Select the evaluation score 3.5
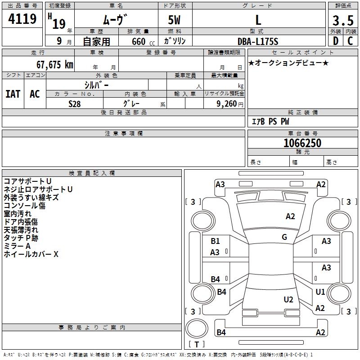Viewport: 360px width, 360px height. point(343,21)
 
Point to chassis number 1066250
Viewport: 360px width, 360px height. point(302,144)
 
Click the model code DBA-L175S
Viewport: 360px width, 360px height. point(258,41)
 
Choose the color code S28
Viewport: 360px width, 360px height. point(75,103)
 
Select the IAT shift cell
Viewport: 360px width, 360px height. point(13,94)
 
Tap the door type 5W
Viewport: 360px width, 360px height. point(175,21)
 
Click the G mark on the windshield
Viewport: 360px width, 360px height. point(284,237)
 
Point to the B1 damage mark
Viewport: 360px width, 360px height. point(216,241)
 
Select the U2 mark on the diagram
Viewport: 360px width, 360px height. point(288,299)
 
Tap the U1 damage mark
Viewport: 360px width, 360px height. point(320,292)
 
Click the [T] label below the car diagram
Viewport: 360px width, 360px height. point(196,344)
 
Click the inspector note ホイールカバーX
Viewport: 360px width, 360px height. point(31,254)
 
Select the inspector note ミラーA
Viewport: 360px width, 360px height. point(17,246)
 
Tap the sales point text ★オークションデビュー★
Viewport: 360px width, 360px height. point(288,63)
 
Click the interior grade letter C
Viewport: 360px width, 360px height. point(350,41)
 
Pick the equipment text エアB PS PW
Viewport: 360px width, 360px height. point(270,121)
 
